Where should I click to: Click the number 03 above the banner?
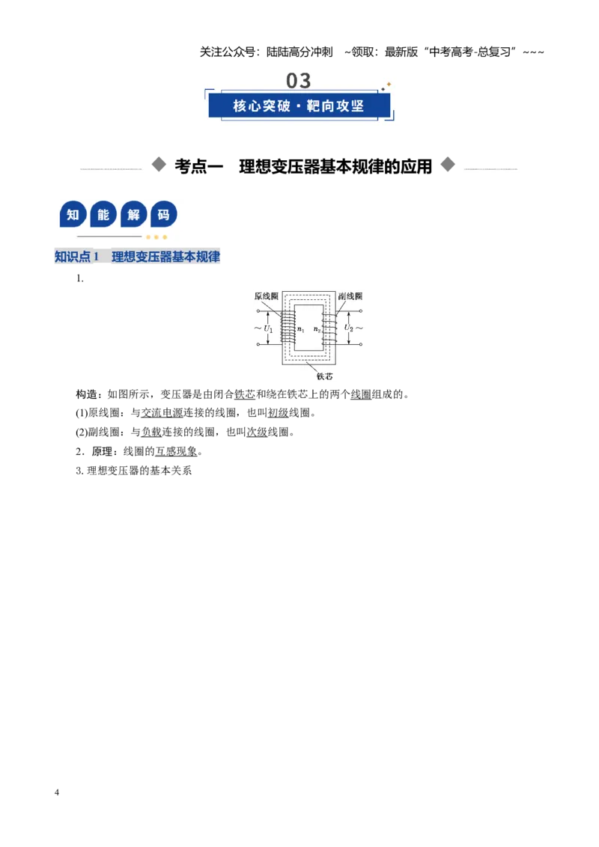[299, 81]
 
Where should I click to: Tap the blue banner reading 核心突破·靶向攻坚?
[299, 106]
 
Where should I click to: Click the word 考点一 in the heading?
[198, 166]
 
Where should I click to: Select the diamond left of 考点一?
[159, 164]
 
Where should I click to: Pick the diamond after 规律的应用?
[448, 164]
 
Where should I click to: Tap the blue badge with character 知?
[73, 215]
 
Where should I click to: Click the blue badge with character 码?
[163, 215]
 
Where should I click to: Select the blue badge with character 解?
[133, 215]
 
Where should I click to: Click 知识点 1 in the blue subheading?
[77, 257]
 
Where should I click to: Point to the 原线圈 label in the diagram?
[266, 296]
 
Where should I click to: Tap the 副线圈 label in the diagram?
[350, 296]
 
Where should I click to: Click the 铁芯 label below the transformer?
[324, 376]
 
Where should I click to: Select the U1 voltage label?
[268, 328]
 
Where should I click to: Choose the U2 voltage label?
[349, 328]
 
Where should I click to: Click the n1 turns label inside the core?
[301, 329]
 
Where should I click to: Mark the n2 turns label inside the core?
[317, 329]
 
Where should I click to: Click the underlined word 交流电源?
[162, 413]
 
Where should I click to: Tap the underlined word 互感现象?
[176, 451]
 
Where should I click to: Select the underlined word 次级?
[257, 432]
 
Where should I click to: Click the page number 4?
[57, 792]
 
